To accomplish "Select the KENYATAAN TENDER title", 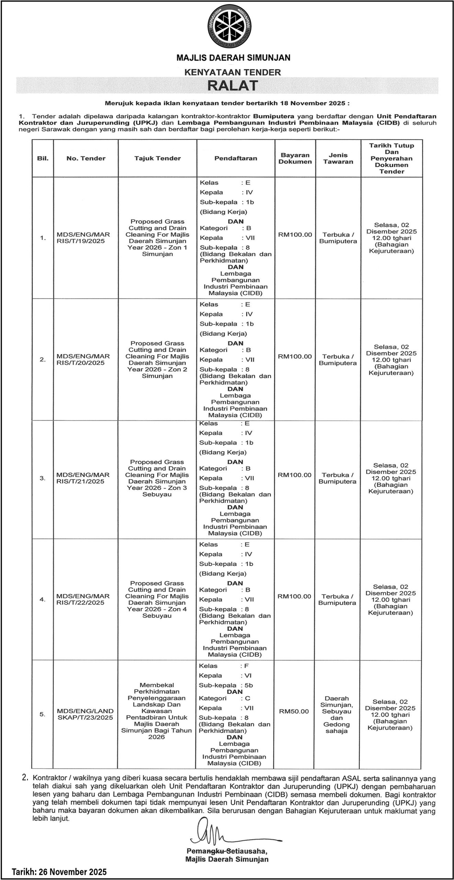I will (x=232, y=72).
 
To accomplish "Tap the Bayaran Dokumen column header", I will (x=295, y=158).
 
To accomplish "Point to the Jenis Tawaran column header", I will (x=338, y=158).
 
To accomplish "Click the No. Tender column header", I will (x=86, y=158).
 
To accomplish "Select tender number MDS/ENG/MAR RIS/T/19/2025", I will (x=83, y=238).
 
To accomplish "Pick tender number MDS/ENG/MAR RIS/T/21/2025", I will (x=83, y=478).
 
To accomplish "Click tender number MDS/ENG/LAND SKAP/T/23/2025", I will (x=85, y=714).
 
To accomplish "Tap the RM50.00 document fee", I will (x=294, y=711).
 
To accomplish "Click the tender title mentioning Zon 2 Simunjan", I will (x=157, y=360).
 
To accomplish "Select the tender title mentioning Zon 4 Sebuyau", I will (x=157, y=599).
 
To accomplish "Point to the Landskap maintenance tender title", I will (x=157, y=711).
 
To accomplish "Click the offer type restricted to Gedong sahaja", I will (x=337, y=714).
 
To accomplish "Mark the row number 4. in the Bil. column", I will (x=42, y=599).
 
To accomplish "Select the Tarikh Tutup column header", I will (x=391, y=158).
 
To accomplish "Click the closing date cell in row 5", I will (x=390, y=714).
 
